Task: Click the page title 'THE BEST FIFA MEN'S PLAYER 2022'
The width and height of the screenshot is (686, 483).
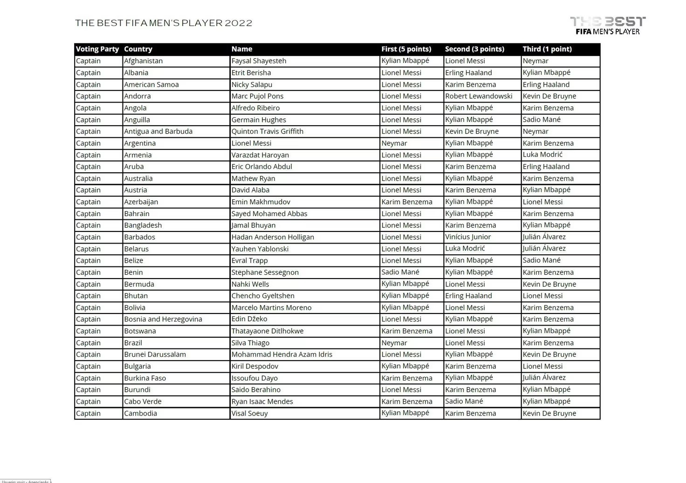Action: tap(164, 23)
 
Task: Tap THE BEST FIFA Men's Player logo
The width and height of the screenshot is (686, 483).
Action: tap(608, 26)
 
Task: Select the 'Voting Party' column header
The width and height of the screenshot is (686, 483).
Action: tap(97, 49)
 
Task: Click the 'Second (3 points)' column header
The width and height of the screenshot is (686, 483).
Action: tap(474, 49)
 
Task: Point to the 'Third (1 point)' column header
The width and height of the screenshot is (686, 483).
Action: tap(547, 49)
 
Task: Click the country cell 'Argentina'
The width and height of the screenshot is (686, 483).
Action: tap(140, 143)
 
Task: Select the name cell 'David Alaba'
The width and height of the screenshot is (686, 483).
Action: tap(250, 190)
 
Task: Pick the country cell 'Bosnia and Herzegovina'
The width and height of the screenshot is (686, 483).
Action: tap(163, 319)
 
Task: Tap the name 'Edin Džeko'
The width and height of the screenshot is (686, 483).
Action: tap(249, 319)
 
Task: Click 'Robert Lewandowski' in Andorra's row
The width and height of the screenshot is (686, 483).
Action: tap(479, 96)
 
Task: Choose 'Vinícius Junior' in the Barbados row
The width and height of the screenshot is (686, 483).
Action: tap(468, 237)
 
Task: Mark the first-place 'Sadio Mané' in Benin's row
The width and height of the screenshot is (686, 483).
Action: tap(400, 272)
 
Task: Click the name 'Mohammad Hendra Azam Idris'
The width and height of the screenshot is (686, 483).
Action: tap(282, 354)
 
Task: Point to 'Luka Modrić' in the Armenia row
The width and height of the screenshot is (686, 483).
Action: tap(542, 155)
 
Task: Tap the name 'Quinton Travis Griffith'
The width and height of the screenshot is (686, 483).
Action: tap(268, 131)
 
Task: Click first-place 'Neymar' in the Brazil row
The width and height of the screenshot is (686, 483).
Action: tap(394, 343)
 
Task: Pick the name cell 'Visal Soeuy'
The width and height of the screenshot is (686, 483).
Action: tap(250, 413)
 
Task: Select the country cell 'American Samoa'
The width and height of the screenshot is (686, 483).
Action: tap(151, 84)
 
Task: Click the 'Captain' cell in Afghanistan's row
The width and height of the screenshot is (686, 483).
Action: tap(89, 61)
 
